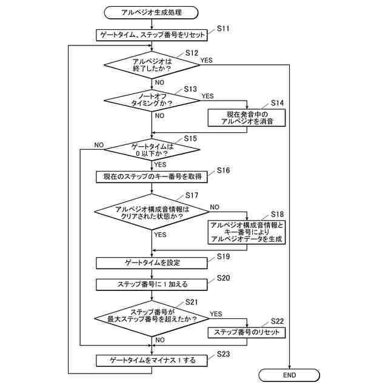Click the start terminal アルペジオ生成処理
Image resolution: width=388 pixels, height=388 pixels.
tap(152, 12)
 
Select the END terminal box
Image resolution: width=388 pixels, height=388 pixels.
tap(289, 375)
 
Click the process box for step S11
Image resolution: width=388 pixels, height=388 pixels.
tap(152, 35)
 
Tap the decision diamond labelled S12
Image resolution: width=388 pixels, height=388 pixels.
tap(152, 65)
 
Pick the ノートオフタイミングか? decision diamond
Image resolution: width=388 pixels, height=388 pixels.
tap(152, 100)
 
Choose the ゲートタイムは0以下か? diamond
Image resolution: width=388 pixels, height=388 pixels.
tap(152, 149)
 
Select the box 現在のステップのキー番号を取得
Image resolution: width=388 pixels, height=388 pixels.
tap(152, 176)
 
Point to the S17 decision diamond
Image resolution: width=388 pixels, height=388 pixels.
tap(152, 212)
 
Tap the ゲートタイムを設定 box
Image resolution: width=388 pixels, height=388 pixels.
tap(152, 263)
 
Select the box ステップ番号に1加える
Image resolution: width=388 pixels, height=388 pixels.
tap(152, 283)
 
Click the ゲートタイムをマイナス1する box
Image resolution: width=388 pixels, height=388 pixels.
tap(152, 360)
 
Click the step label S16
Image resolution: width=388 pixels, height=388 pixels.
tap(222, 170)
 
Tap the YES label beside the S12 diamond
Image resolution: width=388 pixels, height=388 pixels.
tap(206, 59)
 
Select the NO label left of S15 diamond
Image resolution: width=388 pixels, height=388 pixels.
tap(99, 145)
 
